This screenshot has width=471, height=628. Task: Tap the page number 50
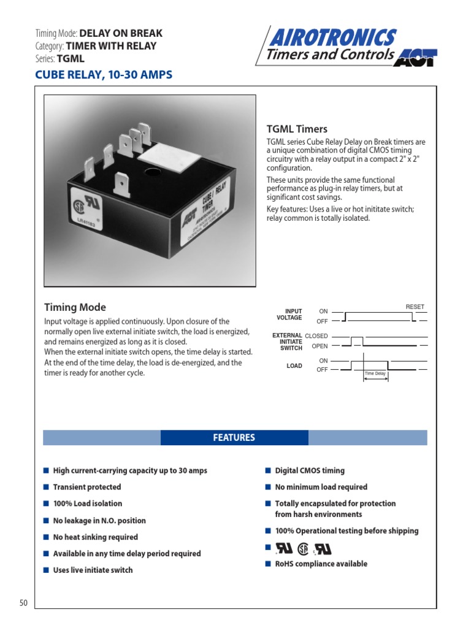(24, 603)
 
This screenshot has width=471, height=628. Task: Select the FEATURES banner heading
(234, 437)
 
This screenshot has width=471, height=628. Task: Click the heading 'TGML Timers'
(297, 129)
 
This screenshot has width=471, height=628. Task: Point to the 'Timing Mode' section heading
(75, 307)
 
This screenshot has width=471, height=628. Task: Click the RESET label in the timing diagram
(415, 307)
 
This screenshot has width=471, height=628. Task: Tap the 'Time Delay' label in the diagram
(375, 373)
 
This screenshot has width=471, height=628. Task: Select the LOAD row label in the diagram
(294, 366)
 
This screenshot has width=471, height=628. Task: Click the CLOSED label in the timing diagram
(316, 336)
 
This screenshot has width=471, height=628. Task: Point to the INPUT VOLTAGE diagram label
(289, 315)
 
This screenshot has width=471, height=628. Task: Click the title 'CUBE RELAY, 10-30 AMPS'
(104, 75)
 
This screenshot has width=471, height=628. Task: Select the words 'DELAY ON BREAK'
(121, 33)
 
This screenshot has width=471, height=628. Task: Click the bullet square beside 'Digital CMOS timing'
(268, 470)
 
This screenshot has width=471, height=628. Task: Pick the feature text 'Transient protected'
(87, 487)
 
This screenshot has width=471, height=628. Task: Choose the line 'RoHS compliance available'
(321, 564)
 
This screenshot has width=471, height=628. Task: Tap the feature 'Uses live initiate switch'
(93, 570)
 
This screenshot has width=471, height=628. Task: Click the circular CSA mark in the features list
(303, 548)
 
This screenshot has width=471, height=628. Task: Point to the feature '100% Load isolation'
(88, 504)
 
